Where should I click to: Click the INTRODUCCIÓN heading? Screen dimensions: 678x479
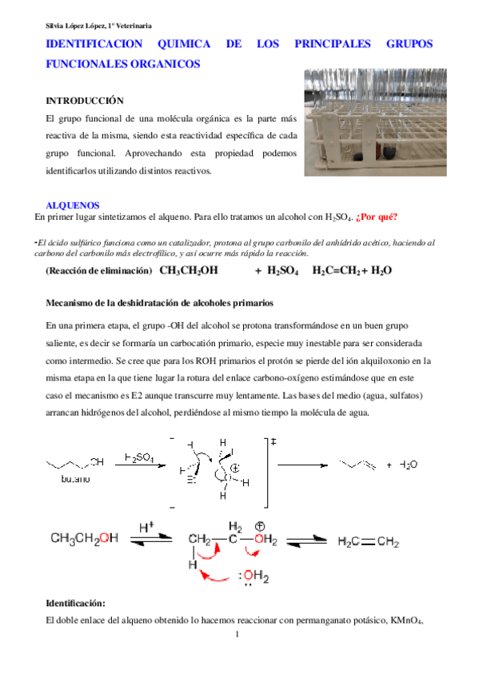pyautogui.click(x=85, y=102)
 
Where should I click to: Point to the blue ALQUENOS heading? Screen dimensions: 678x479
pyautogui.click(x=73, y=205)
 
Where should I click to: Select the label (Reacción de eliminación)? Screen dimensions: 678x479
pyautogui.click(x=99, y=271)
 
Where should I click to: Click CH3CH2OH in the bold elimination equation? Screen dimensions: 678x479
pyautogui.click(x=189, y=271)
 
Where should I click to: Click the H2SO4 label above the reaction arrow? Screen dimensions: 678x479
pyautogui.click(x=141, y=457)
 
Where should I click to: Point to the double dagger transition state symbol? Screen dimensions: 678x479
pyautogui.click(x=273, y=441)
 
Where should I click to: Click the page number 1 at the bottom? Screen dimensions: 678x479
pyautogui.click(x=239, y=636)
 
